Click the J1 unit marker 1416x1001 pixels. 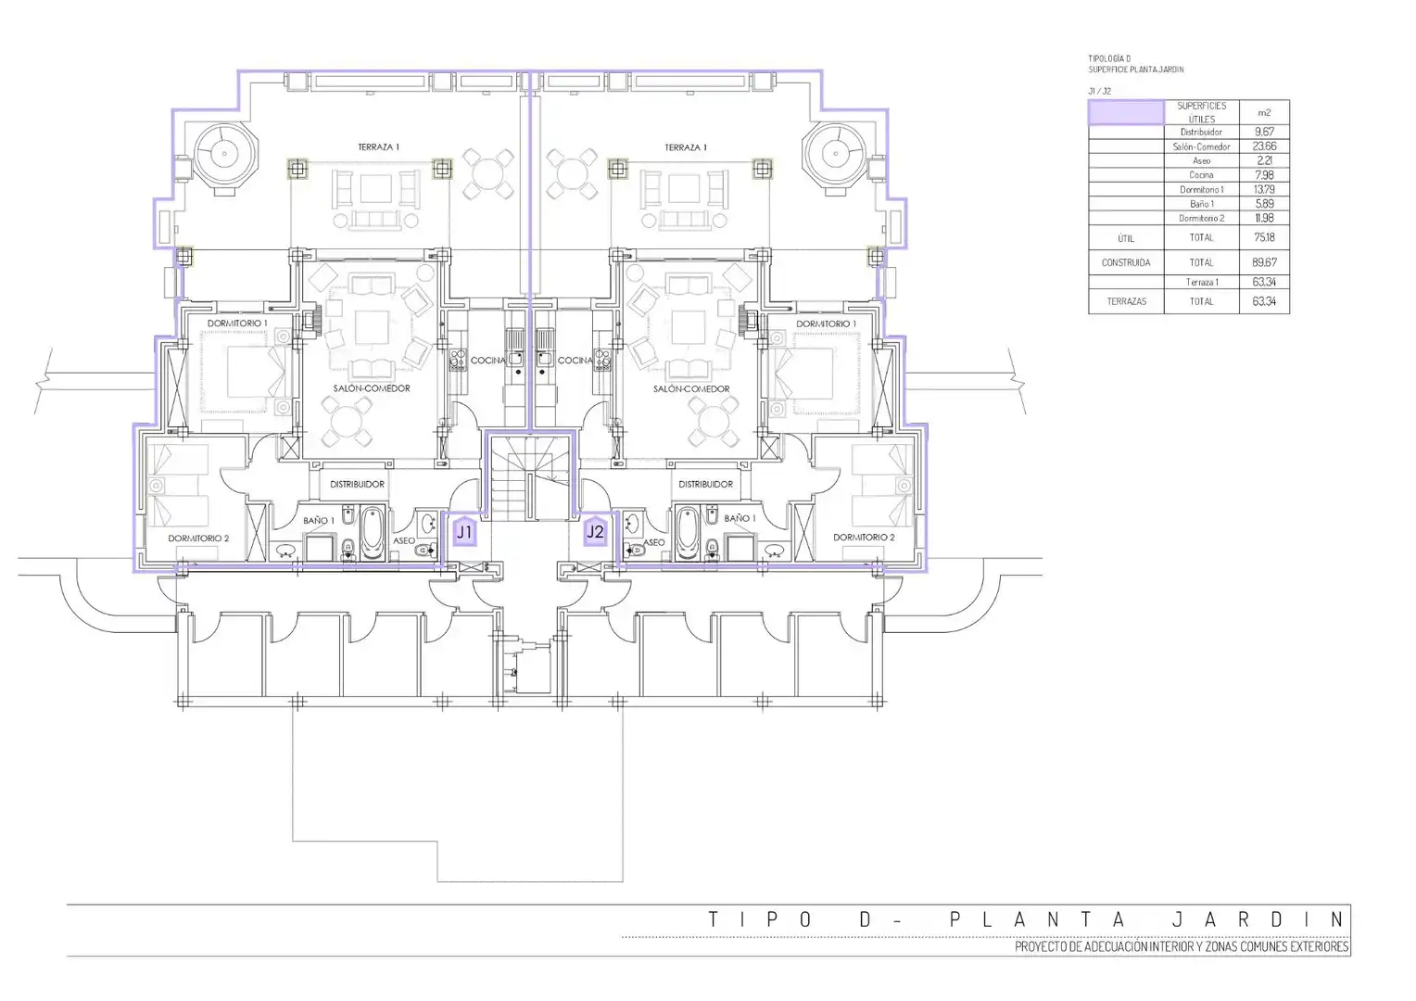pos(464,532)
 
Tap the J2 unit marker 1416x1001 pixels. pos(595,532)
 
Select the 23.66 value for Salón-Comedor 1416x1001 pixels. pos(1264,146)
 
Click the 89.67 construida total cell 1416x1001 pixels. pos(1264,261)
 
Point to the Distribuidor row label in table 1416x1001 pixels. pos(1201,133)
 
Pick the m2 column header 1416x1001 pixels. pos(1264,112)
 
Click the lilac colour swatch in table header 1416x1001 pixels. pos(1126,112)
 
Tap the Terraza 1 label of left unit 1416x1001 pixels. pos(379,146)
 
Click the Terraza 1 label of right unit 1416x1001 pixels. pos(685,147)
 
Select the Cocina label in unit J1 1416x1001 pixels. pos(488,361)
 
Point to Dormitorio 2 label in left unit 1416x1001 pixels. pos(198,539)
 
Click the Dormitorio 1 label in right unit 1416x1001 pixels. pos(827,323)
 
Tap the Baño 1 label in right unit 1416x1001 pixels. pos(740,518)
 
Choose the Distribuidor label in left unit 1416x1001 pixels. pos(357,485)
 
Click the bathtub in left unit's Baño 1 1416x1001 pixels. pos(373,533)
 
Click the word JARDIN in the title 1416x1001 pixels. pos(1258,919)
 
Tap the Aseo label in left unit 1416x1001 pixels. pos(404,540)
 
